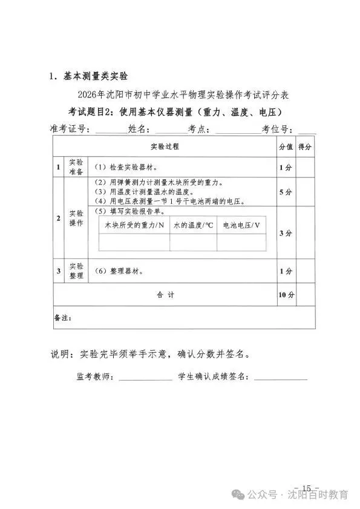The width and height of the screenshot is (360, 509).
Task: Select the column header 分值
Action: pos(286,146)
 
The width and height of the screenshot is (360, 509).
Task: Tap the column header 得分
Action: pos(305,146)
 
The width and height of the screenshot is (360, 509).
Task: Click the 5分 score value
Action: pos(286,191)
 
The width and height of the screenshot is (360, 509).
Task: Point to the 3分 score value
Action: pos(286,233)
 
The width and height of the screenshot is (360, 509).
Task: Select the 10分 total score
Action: pos(286,295)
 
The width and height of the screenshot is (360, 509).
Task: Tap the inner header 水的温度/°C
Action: pos(193,225)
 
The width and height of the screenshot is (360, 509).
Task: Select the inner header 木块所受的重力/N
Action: pos(134,225)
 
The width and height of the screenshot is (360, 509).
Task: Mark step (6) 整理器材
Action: pos(119,271)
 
